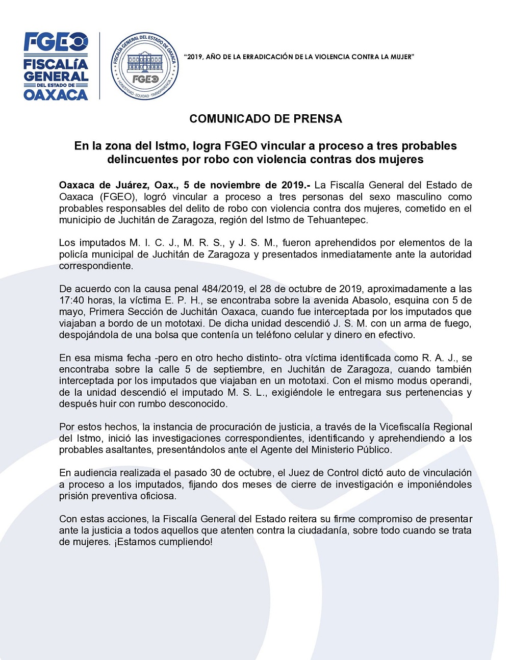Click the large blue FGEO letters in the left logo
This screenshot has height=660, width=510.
point(56,42)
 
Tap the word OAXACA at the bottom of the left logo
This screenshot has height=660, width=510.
point(56,94)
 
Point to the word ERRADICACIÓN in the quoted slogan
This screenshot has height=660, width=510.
point(266,57)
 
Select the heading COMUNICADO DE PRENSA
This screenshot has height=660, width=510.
point(266,119)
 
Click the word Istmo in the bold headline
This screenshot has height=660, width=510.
point(171,146)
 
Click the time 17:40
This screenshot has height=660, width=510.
point(71,300)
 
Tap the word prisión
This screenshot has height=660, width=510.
point(75,496)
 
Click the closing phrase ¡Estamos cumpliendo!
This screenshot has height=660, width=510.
point(163,542)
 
